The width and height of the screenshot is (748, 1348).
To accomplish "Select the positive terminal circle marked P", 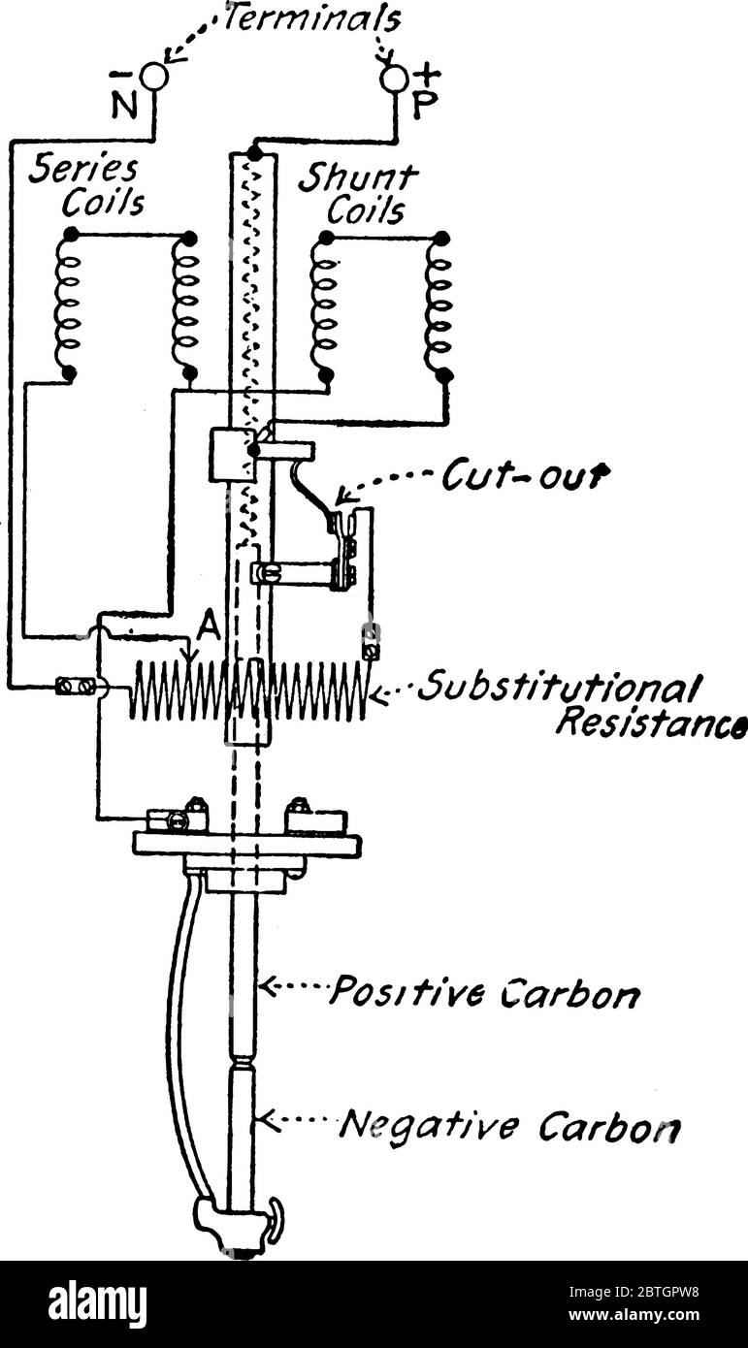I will point(394,80).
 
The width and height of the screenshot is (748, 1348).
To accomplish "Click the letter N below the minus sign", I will point(123,104).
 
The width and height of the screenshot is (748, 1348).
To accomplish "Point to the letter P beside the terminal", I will point(424,104).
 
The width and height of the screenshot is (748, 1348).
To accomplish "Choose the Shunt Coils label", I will point(359,194).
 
